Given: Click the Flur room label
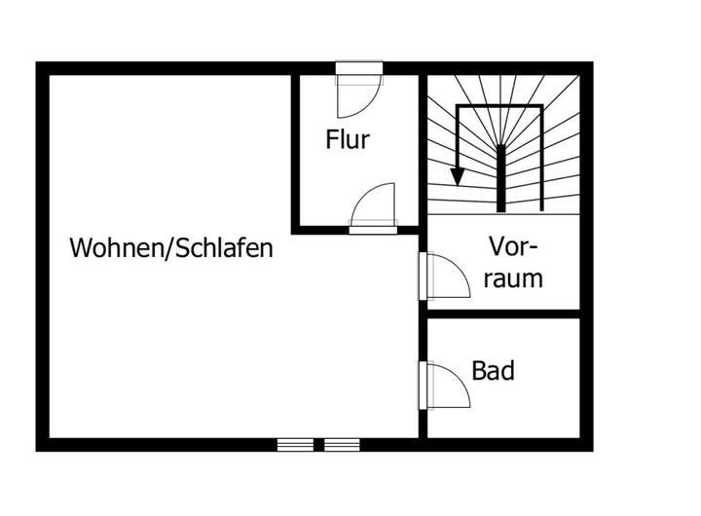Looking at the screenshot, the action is point(348,139).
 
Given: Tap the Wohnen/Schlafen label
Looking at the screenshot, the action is point(171,248).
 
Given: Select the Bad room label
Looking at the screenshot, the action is point(493,371).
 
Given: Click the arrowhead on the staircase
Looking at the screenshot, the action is point(456,179).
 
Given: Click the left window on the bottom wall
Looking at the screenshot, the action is point(295,445).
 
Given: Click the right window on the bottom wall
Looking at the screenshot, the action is point(342,445).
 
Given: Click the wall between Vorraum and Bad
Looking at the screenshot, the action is point(503,313).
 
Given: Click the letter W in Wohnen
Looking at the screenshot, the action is point(79,248).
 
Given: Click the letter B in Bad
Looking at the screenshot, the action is point(479,371).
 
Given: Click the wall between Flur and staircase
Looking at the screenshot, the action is point(423,146).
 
